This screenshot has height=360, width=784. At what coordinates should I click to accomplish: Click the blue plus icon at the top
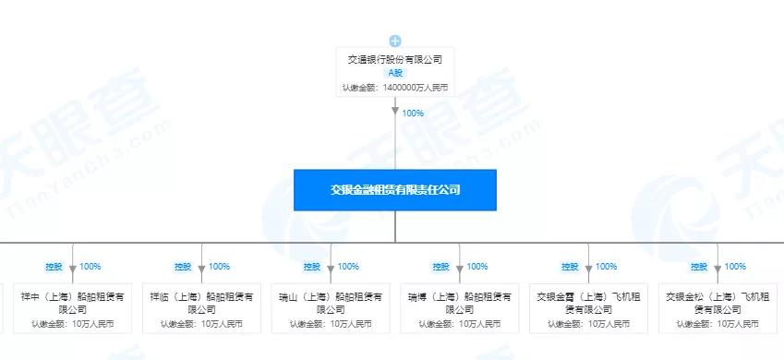[395, 41]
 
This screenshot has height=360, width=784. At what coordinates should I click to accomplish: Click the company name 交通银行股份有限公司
[395, 58]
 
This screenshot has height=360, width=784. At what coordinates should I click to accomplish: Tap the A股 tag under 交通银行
[395, 73]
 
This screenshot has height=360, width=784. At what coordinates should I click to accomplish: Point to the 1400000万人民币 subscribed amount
[395, 88]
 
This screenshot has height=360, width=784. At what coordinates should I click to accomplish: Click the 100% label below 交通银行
[413, 114]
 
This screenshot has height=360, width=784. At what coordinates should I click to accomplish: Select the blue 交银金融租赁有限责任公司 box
[395, 189]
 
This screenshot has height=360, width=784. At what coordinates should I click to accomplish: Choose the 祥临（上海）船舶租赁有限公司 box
[200, 307]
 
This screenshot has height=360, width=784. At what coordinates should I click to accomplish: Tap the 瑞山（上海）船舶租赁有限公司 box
[330, 307]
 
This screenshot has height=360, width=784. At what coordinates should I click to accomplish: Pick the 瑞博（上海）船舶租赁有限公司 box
[459, 307]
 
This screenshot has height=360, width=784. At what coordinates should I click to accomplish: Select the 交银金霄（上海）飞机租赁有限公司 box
[588, 307]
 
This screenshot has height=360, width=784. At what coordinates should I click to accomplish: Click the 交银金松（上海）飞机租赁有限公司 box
[718, 307]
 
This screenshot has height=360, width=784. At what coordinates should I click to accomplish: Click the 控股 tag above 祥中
[54, 267]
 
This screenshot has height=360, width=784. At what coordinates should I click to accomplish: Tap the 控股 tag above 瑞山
[313, 267]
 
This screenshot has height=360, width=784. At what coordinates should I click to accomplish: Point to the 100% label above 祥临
[219, 267]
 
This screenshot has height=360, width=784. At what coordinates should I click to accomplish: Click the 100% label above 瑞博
[477, 267]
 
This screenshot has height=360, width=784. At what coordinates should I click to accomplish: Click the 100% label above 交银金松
[736, 267]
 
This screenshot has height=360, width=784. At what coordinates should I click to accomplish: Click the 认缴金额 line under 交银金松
[718, 324]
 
